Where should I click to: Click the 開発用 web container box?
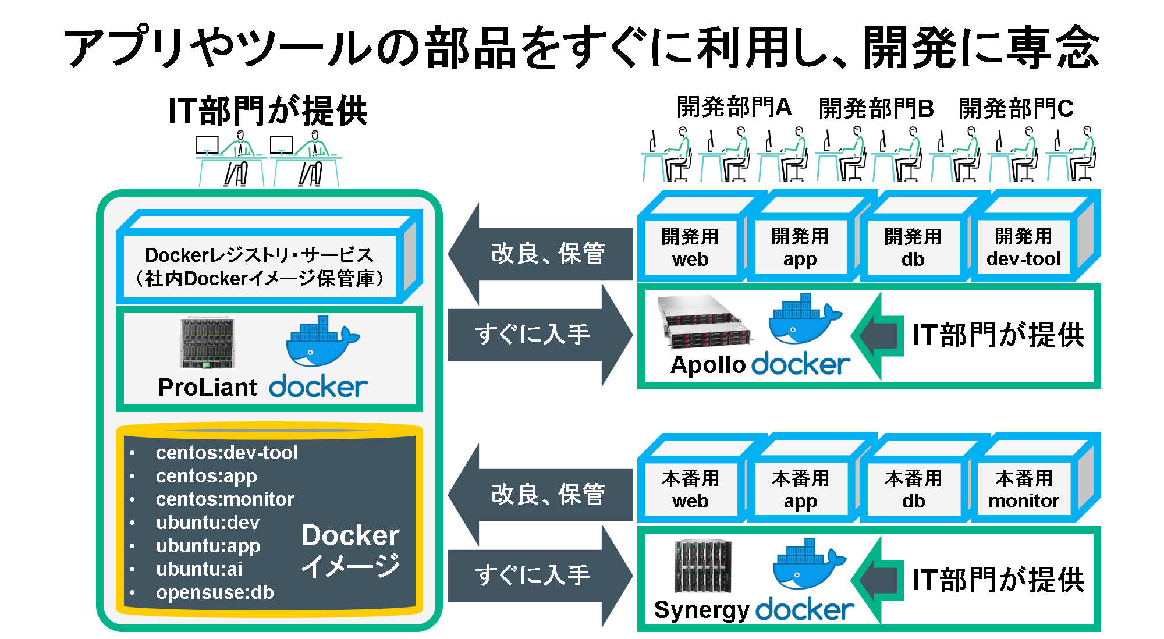690,247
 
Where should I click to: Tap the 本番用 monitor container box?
1024,489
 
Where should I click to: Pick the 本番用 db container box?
913,489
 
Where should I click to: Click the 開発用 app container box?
800,247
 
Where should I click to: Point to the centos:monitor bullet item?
225,499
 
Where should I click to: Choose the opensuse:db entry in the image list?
215,592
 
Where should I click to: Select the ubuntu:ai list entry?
199,569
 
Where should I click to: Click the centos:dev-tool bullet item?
226,453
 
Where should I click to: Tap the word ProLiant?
207,388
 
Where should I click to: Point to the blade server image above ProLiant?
207,343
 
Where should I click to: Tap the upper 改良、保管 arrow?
541,254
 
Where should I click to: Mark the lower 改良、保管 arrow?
541,495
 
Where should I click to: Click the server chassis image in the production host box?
703,566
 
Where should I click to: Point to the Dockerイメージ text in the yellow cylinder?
350,551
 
